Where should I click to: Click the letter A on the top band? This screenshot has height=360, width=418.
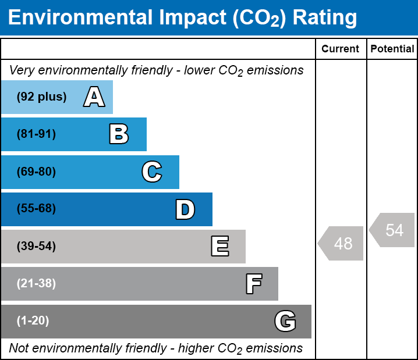(x=94, y=97)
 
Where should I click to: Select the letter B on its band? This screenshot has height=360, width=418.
(x=119, y=134)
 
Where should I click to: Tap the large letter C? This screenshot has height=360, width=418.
(x=151, y=172)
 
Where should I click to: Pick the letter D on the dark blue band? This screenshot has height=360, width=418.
(x=185, y=209)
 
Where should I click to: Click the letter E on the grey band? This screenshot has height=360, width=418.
(x=219, y=247)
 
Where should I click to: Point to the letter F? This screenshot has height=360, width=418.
(x=253, y=284)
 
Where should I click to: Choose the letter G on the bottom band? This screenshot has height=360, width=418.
(x=285, y=321)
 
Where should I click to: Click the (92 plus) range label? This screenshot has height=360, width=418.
(x=41, y=97)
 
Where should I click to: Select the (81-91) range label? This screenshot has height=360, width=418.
(x=36, y=134)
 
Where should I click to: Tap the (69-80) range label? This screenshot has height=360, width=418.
(x=36, y=172)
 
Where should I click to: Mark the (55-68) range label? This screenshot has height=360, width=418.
(x=36, y=209)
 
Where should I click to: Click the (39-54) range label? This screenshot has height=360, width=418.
(x=36, y=247)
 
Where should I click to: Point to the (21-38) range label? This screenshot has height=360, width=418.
(x=36, y=284)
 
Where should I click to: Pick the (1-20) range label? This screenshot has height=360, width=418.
(x=33, y=321)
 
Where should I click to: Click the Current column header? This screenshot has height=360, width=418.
(x=341, y=49)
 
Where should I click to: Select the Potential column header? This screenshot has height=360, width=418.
(x=392, y=49)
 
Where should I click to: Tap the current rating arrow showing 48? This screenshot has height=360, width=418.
(x=342, y=243)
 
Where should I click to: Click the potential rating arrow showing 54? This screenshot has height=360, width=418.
(x=393, y=230)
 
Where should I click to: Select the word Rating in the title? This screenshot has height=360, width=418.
(x=325, y=17)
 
